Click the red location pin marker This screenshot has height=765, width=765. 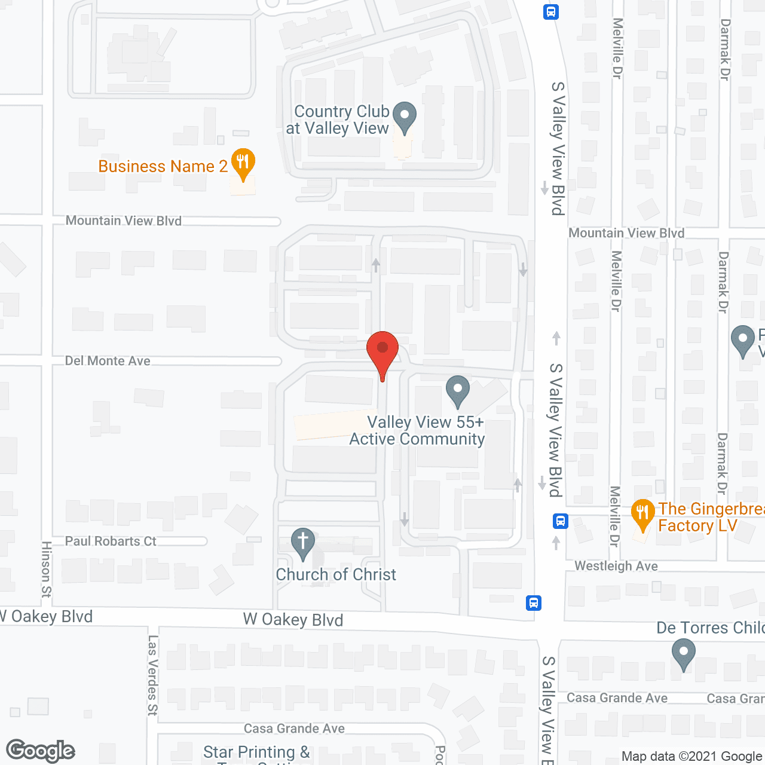click(382, 350)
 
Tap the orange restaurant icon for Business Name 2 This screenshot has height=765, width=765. click(243, 163)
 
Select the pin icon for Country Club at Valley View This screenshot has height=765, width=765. click(405, 117)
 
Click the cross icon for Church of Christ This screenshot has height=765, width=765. click(303, 543)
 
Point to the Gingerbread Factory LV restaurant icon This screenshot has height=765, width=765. click(642, 514)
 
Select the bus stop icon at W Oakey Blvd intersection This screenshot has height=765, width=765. click(534, 602)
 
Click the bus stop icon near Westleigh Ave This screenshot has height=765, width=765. click(560, 521)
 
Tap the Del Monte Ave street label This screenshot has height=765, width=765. click(108, 361)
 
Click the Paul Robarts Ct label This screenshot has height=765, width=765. click(111, 541)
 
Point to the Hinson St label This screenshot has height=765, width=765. click(47, 569)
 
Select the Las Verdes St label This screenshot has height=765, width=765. click(153, 675)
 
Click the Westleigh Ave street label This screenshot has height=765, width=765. click(616, 566)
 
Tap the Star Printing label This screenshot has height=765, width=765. click(256, 752)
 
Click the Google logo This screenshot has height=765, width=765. click(41, 751)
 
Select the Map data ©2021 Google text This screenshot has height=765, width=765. click(692, 757)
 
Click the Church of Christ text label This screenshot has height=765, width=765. click(336, 574)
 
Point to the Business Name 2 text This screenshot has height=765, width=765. click(163, 166)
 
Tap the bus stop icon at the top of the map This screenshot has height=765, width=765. click(551, 12)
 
